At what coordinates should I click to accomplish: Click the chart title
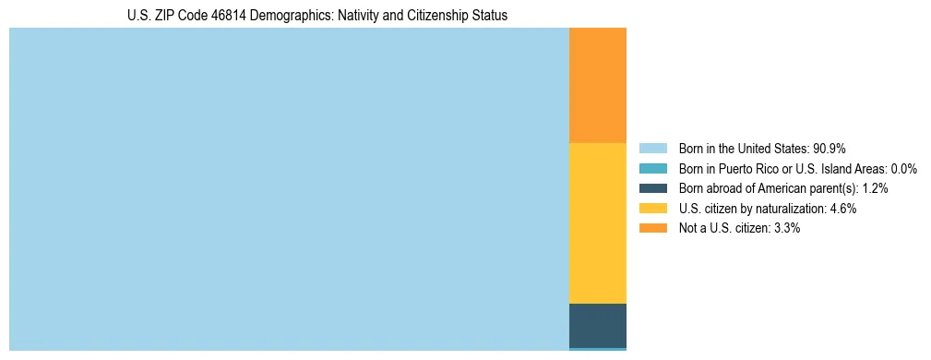click(x=317, y=16)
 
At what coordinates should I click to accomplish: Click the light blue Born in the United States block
click(x=289, y=189)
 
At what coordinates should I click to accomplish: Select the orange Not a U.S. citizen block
click(x=598, y=85)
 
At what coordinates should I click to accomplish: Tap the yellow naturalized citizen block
click(x=598, y=223)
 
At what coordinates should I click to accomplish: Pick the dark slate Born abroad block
click(x=598, y=325)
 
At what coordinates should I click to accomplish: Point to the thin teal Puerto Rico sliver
click(x=598, y=349)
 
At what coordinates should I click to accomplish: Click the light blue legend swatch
click(x=652, y=149)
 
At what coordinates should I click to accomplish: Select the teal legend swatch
click(x=652, y=169)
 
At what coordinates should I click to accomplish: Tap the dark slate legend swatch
click(x=652, y=188)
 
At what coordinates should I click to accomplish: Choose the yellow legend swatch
click(x=652, y=209)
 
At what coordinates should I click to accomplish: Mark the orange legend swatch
click(x=652, y=228)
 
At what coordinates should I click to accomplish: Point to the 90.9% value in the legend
click(x=830, y=149)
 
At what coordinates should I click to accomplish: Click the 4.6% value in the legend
click(x=843, y=209)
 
